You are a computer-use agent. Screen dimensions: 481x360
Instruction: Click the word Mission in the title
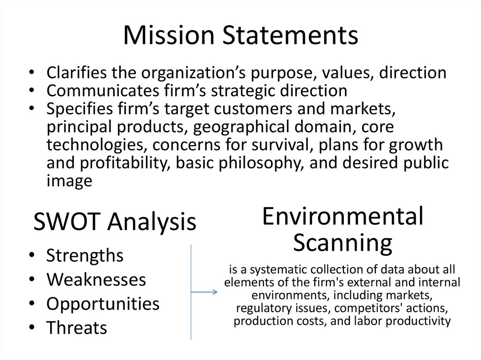(x=169, y=35)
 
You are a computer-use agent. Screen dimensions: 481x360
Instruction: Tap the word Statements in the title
(x=290, y=35)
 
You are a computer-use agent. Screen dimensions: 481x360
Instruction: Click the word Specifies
(x=80, y=109)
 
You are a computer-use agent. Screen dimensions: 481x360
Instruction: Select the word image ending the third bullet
(x=70, y=181)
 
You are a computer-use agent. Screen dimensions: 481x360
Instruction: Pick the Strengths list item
(x=85, y=255)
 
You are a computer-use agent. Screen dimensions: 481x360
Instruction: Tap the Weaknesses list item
(x=96, y=280)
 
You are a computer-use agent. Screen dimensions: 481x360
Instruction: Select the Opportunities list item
(x=103, y=304)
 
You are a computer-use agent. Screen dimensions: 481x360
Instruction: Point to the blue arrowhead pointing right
(x=215, y=292)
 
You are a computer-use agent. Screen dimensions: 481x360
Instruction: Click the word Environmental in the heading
(x=342, y=216)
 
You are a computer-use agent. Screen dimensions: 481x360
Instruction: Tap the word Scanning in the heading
(x=342, y=243)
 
